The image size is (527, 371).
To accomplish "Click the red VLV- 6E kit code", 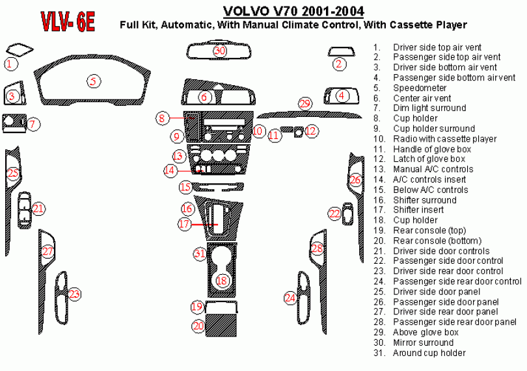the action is (x=68, y=21).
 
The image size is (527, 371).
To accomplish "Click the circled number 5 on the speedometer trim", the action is (x=94, y=81).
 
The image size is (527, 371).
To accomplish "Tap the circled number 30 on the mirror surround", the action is (x=219, y=51).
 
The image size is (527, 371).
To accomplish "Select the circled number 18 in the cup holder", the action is (x=222, y=280).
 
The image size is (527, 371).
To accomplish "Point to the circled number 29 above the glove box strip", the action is (x=305, y=103).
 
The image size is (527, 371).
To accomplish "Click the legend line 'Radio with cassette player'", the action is (x=444, y=138).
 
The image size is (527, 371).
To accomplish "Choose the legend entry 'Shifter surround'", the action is (x=425, y=200).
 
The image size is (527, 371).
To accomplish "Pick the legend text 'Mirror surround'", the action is (x=423, y=342).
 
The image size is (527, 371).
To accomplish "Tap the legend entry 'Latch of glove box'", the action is (x=429, y=159).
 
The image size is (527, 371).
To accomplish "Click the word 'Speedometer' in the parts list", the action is (x=420, y=88).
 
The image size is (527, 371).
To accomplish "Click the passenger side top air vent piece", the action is (x=341, y=51).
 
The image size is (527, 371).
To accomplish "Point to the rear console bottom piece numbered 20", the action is (x=221, y=326).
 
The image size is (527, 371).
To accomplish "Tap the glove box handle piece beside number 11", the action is (x=286, y=129).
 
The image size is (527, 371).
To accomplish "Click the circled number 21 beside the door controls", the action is (x=38, y=209).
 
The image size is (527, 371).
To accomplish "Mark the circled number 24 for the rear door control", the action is (x=290, y=298).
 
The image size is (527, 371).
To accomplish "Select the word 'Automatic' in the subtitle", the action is (x=186, y=25).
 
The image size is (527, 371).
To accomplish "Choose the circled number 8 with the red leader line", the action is (x=163, y=118).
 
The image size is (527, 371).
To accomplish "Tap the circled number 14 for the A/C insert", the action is (x=170, y=170).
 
